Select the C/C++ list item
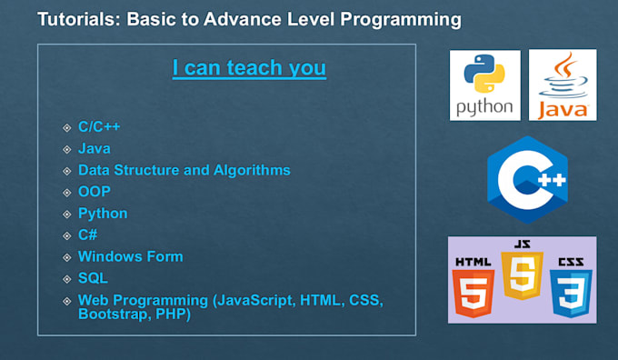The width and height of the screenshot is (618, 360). (99, 126)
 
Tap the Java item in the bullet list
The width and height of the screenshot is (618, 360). (95, 148)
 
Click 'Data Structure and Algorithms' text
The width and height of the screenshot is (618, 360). (184, 170)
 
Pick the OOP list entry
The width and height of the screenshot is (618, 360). (95, 192)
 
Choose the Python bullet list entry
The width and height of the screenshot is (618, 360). (103, 214)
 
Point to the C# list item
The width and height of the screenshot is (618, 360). (88, 235)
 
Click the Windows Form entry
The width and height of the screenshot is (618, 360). (130, 256)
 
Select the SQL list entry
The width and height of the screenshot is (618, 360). (92, 278)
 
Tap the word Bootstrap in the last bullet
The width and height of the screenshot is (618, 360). (112, 315)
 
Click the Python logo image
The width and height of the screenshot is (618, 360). (484, 85)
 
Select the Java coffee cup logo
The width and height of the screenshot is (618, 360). (563, 85)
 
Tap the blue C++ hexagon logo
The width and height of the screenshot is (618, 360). (526, 180)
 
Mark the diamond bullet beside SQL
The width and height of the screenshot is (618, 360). (66, 279)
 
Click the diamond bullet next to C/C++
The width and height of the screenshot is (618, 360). (66, 127)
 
